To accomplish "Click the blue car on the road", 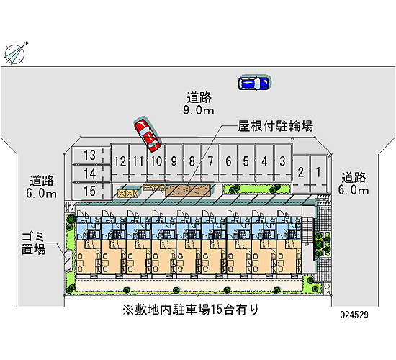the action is coord(254,83).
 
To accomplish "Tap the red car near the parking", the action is coord(148,135).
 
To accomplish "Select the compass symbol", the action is coord(15,54).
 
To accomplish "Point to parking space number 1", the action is coord(318,174).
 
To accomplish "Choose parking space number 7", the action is coord(210,163).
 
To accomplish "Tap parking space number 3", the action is coord(283,163).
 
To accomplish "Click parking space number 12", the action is coord(120,163).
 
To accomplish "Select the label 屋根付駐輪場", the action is coord(276,126).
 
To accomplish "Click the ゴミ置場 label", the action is coord(33,243).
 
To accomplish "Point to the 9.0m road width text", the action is coord(199,110).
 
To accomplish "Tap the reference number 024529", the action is coord(354,315).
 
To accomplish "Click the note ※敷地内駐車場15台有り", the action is coord(191,310).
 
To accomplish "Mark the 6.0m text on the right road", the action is coord(354,190).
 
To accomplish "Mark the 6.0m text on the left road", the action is coord(42,194).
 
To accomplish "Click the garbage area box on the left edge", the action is coord(68,261).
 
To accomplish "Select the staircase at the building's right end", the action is coord(308,231).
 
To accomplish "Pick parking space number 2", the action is coord(301,174).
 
